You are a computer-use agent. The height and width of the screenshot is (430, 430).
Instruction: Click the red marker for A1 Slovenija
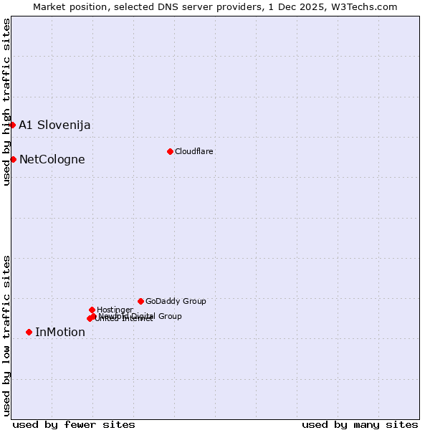[12, 125]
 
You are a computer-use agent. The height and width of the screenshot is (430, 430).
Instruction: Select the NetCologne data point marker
[13, 159]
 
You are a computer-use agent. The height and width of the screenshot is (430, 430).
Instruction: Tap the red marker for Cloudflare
[170, 151]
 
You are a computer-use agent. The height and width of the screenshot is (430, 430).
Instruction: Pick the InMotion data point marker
[29, 332]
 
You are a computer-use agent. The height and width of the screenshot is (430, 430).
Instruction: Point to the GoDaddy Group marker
[140, 301]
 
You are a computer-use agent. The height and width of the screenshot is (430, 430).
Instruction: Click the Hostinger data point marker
[92, 310]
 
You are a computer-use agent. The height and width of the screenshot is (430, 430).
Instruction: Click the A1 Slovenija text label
[54, 125]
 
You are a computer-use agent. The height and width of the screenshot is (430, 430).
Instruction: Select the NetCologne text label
[52, 159]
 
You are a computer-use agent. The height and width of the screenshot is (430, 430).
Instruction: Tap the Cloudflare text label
[194, 151]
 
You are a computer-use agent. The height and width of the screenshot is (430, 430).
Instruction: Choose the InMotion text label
[60, 332]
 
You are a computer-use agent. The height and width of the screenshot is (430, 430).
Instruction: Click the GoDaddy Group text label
[176, 301]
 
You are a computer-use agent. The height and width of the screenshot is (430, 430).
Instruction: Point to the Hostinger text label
[115, 310]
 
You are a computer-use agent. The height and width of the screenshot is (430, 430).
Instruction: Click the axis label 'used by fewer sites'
[74, 424]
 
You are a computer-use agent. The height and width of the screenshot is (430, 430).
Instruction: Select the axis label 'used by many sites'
[360, 424]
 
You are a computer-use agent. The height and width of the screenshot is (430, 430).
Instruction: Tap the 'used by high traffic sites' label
[6, 102]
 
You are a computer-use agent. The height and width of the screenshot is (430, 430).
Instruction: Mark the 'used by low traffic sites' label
[6, 335]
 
